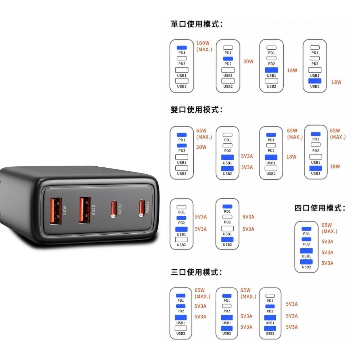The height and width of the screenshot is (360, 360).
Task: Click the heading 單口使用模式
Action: coord(197,24)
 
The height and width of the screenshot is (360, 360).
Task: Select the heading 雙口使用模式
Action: coord(197,109)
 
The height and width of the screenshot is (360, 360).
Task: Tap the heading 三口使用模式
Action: coord(196,272)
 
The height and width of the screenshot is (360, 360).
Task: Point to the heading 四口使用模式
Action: coord(320,208)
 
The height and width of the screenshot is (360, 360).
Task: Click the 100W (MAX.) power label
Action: coord(204,46)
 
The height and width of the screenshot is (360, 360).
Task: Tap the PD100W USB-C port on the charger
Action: coord(141,208)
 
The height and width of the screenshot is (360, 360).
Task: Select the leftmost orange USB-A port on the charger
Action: coord(56,211)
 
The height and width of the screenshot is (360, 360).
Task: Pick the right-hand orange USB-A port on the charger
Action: coord(85,210)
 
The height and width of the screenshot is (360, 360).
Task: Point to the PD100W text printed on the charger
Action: coord(147,208)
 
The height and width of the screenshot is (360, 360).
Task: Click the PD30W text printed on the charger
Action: coord(120,209)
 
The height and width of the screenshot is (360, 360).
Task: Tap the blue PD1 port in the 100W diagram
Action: coord(181,48)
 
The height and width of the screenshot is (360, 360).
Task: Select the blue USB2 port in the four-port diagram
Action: coord(306,262)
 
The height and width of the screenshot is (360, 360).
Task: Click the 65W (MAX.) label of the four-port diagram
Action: coord(329,228)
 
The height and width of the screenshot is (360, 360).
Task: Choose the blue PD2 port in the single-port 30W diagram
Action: coord(228,59)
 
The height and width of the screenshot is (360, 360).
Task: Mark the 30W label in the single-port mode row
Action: coord(248,62)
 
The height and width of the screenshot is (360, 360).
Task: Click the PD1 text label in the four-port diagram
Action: coord(306,234)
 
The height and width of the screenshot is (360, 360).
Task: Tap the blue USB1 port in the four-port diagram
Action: coord(306,251)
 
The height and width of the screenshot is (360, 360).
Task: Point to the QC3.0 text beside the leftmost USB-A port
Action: coord(64,210)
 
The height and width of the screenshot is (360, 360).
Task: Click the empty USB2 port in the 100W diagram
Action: coord(181,81)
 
